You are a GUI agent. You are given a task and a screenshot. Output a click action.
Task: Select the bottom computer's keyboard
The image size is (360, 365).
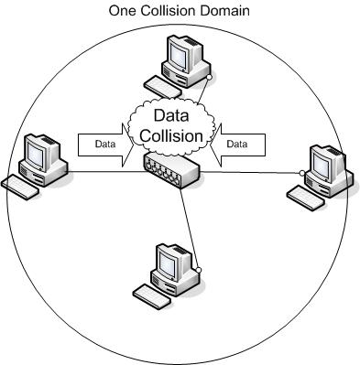pyautogui.click(x=148, y=294)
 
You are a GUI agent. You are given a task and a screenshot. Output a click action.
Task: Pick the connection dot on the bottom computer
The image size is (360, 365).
pyautogui.click(x=196, y=271)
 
